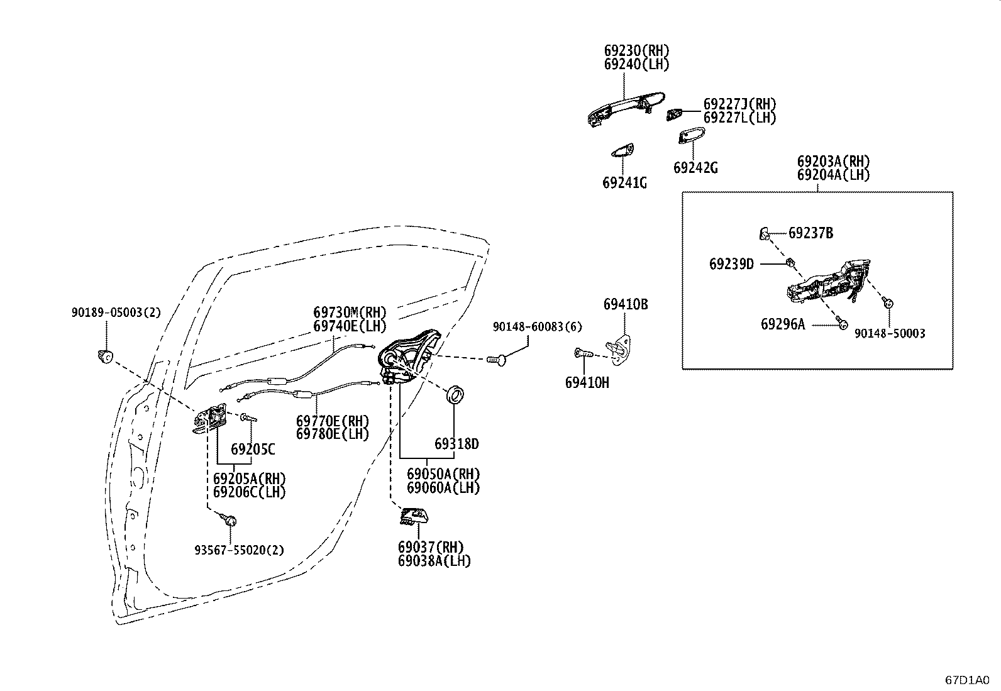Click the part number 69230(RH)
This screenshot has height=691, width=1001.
(637, 50)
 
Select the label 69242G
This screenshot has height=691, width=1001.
(695, 168)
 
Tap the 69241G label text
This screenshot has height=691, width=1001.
(624, 183)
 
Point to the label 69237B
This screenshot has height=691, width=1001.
(810, 233)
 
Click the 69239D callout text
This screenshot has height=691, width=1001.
(731, 264)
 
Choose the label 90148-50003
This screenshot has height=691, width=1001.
(890, 333)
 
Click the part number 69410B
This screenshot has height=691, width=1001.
(626, 304)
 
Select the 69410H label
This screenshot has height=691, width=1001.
(587, 383)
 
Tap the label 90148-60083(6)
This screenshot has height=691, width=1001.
(538, 327)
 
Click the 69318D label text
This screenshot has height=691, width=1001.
(456, 444)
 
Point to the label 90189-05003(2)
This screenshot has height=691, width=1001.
(116, 312)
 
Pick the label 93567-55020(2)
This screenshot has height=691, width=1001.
(239, 550)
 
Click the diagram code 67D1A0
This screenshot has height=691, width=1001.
(968, 680)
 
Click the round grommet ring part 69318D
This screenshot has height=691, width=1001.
(455, 395)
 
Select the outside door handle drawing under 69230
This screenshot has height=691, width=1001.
(626, 109)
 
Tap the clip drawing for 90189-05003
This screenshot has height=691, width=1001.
(105, 357)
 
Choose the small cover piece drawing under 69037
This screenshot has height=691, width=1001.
(414, 517)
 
